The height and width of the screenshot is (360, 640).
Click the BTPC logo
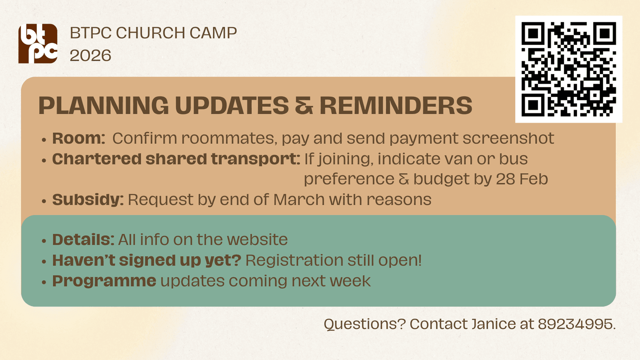pyautogui.click(x=37, y=43)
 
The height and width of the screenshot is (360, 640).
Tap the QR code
pyautogui.click(x=569, y=69)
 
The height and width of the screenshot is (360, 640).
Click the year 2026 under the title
pyautogui.click(x=91, y=55)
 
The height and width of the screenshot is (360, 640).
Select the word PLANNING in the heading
pyautogui.click(x=103, y=106)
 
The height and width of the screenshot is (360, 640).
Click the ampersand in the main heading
pyautogui.click(x=304, y=106)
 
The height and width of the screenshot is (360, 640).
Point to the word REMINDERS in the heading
pyautogui.click(x=396, y=106)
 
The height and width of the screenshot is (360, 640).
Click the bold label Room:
pyautogui.click(x=79, y=138)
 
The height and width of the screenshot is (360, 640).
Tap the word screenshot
pyautogui.click(x=508, y=138)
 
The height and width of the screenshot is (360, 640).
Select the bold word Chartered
pyautogui.click(x=96, y=159)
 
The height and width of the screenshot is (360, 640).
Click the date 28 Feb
pyautogui.click(x=522, y=179)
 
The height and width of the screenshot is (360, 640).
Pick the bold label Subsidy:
pyautogui.click(x=88, y=199)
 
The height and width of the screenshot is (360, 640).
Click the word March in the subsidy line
pyautogui.click(x=299, y=199)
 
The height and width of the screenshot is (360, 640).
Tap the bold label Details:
pyautogui.click(x=83, y=239)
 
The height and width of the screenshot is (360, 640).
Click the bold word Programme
pyautogui.click(x=104, y=281)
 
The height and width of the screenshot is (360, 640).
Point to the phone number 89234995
pyautogui.click(x=575, y=324)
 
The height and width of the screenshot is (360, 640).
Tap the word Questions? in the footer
pyautogui.click(x=365, y=324)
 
